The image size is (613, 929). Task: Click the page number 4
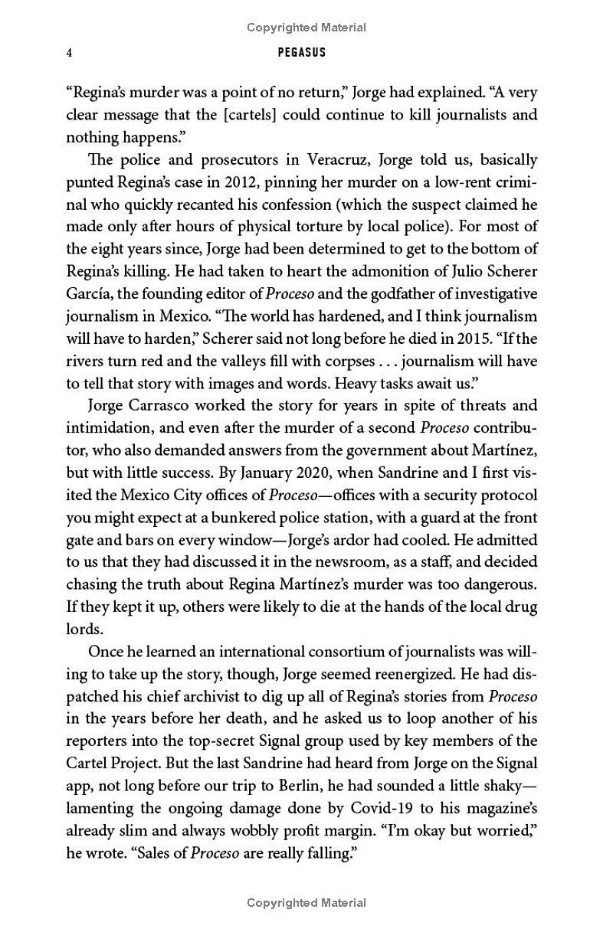coord(69,53)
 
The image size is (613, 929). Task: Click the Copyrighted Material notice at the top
coord(306,28)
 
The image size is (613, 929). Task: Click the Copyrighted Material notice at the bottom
coord(306,903)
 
